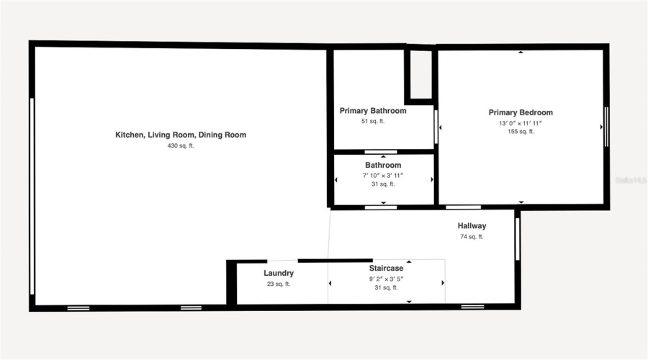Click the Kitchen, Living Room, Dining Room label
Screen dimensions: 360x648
[x=181, y=135]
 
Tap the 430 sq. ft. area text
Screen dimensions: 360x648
[x=181, y=145]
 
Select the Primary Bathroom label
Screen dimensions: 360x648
[x=373, y=111]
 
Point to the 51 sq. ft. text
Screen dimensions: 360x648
[x=373, y=121]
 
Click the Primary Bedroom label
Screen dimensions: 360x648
[x=521, y=112]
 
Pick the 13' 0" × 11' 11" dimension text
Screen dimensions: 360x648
[x=521, y=123]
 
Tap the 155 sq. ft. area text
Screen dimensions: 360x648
[x=521, y=132]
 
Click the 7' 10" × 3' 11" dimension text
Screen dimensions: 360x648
[x=383, y=175]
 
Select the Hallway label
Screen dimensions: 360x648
[x=472, y=226]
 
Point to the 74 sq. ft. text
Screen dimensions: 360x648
[x=472, y=236]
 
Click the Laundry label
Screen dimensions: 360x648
[x=278, y=274]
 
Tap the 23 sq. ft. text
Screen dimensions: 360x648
[x=278, y=284]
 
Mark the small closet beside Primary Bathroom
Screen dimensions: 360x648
[x=419, y=74]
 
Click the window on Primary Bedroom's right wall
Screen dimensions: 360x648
[x=606, y=127]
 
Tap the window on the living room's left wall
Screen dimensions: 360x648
[x=32, y=194]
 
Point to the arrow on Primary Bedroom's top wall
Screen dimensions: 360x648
[x=521, y=53]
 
